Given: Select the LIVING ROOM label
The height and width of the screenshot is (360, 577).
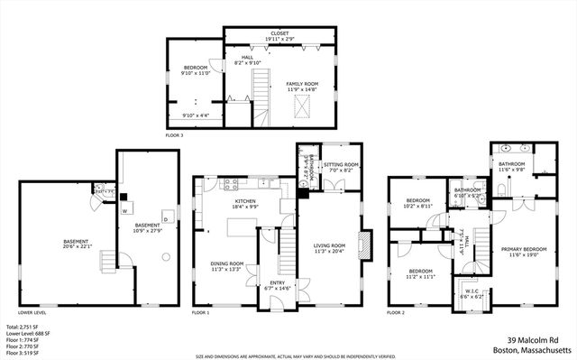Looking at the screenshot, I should (329, 245).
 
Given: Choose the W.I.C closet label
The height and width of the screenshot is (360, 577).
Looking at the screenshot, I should (472, 291).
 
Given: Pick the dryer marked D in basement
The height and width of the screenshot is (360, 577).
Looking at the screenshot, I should (165, 217).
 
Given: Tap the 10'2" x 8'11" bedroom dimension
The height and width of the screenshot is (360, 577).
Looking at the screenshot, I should (419, 207).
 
